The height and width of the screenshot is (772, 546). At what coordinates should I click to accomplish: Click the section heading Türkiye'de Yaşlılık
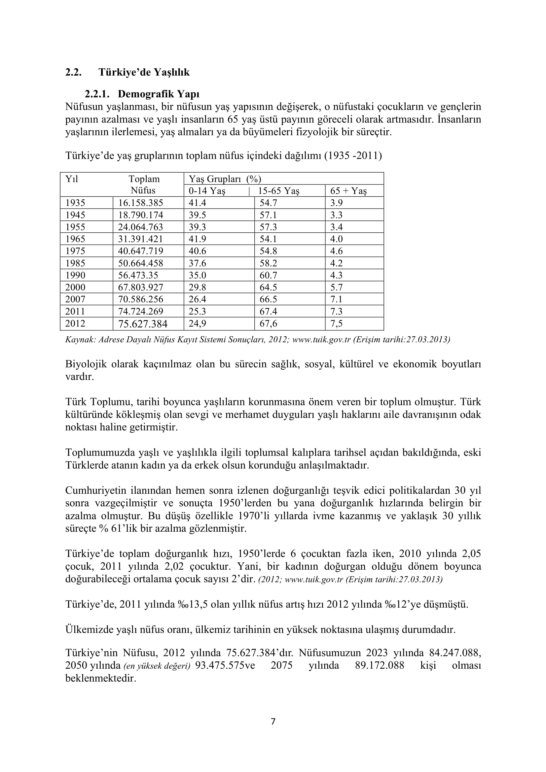144,72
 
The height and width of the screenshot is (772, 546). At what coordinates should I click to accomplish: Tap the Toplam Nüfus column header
144,185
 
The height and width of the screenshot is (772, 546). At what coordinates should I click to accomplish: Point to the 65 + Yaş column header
348,191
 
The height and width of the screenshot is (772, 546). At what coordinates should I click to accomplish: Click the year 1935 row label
75,203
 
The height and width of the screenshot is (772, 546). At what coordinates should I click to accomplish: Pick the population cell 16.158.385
140,203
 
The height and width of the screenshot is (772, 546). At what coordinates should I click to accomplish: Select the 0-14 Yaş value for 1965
197,239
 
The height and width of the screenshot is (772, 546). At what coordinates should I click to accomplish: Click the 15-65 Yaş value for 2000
268,287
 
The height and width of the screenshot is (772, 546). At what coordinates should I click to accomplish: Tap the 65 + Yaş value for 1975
336,251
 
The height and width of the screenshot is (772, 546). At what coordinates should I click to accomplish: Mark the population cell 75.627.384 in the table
143,324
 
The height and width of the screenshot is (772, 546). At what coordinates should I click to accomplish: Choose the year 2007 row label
75,299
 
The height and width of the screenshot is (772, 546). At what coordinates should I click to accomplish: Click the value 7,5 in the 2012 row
336,324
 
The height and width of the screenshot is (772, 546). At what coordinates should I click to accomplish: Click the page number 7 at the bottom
273,721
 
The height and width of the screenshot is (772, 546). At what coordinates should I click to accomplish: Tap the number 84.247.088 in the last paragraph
455,653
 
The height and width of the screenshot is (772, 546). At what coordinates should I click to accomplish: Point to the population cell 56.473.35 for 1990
138,275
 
